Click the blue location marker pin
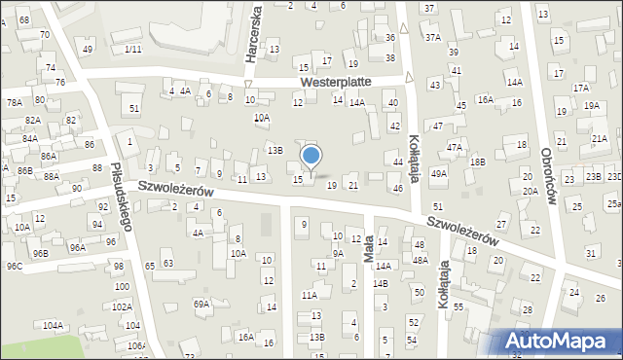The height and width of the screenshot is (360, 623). (x=311, y=157)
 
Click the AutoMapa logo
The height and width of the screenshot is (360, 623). (x=562, y=341)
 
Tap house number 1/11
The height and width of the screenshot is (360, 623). (x=133, y=49)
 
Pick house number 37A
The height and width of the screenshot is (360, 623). (x=432, y=37)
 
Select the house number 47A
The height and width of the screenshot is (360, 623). (x=455, y=147)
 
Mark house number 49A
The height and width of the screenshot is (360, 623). (x=439, y=173)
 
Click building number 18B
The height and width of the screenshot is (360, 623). (x=477, y=162)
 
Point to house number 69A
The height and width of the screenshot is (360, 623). (x=202, y=304)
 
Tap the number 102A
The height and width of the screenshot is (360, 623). (x=122, y=306)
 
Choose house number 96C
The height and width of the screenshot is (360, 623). (x=14, y=266)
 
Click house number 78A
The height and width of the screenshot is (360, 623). (x=14, y=102)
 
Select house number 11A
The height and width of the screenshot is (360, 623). (x=310, y=295)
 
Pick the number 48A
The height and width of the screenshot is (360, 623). (x=420, y=260)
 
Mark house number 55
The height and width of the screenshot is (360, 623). (x=458, y=306)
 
